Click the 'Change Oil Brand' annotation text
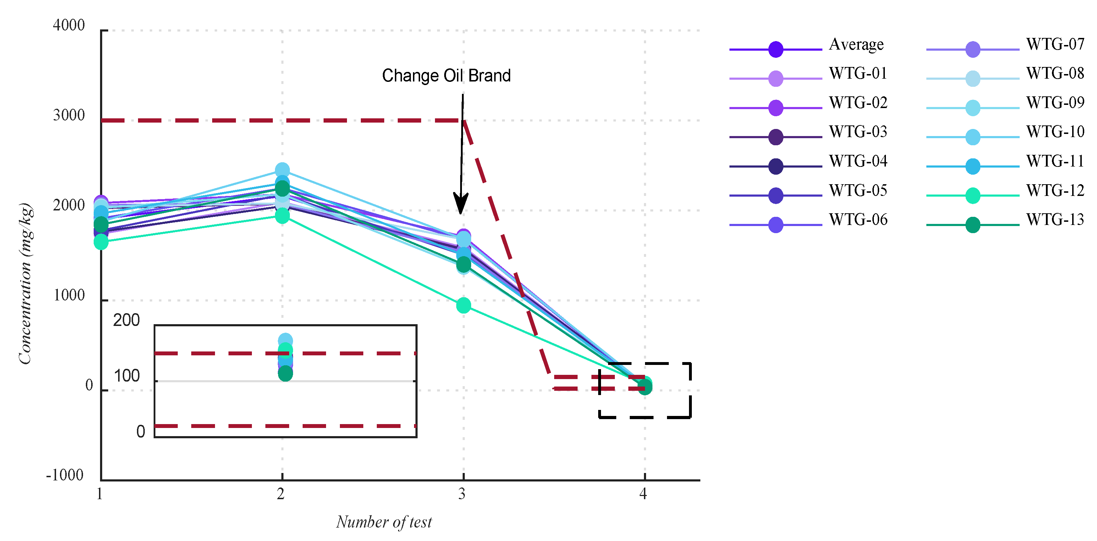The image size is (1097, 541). tap(446, 76)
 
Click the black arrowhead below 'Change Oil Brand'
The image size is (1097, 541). tap(461, 203)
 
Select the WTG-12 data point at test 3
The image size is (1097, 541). tap(463, 305)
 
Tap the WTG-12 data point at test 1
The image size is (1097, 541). tap(101, 242)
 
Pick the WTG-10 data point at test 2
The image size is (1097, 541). tap(282, 170)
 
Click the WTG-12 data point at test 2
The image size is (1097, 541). tap(282, 216)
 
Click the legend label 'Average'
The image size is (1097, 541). tap(856, 45)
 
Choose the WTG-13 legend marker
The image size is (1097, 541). tap(973, 225)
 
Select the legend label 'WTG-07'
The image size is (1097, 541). tap(1055, 44)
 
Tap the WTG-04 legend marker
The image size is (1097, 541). tap(776, 166)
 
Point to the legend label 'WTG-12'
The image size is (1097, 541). tap(1055, 191)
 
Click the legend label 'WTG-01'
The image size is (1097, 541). tap(858, 74)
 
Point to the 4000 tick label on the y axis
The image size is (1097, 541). tap(68, 26)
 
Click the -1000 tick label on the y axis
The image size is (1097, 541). tap(65, 475)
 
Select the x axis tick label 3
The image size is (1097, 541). tap(462, 494)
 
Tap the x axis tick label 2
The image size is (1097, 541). tap(281, 494)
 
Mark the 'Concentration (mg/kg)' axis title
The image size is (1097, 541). tap(26, 283)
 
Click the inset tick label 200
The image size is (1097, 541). tap(126, 320)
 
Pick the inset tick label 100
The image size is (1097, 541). tap(126, 376)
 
